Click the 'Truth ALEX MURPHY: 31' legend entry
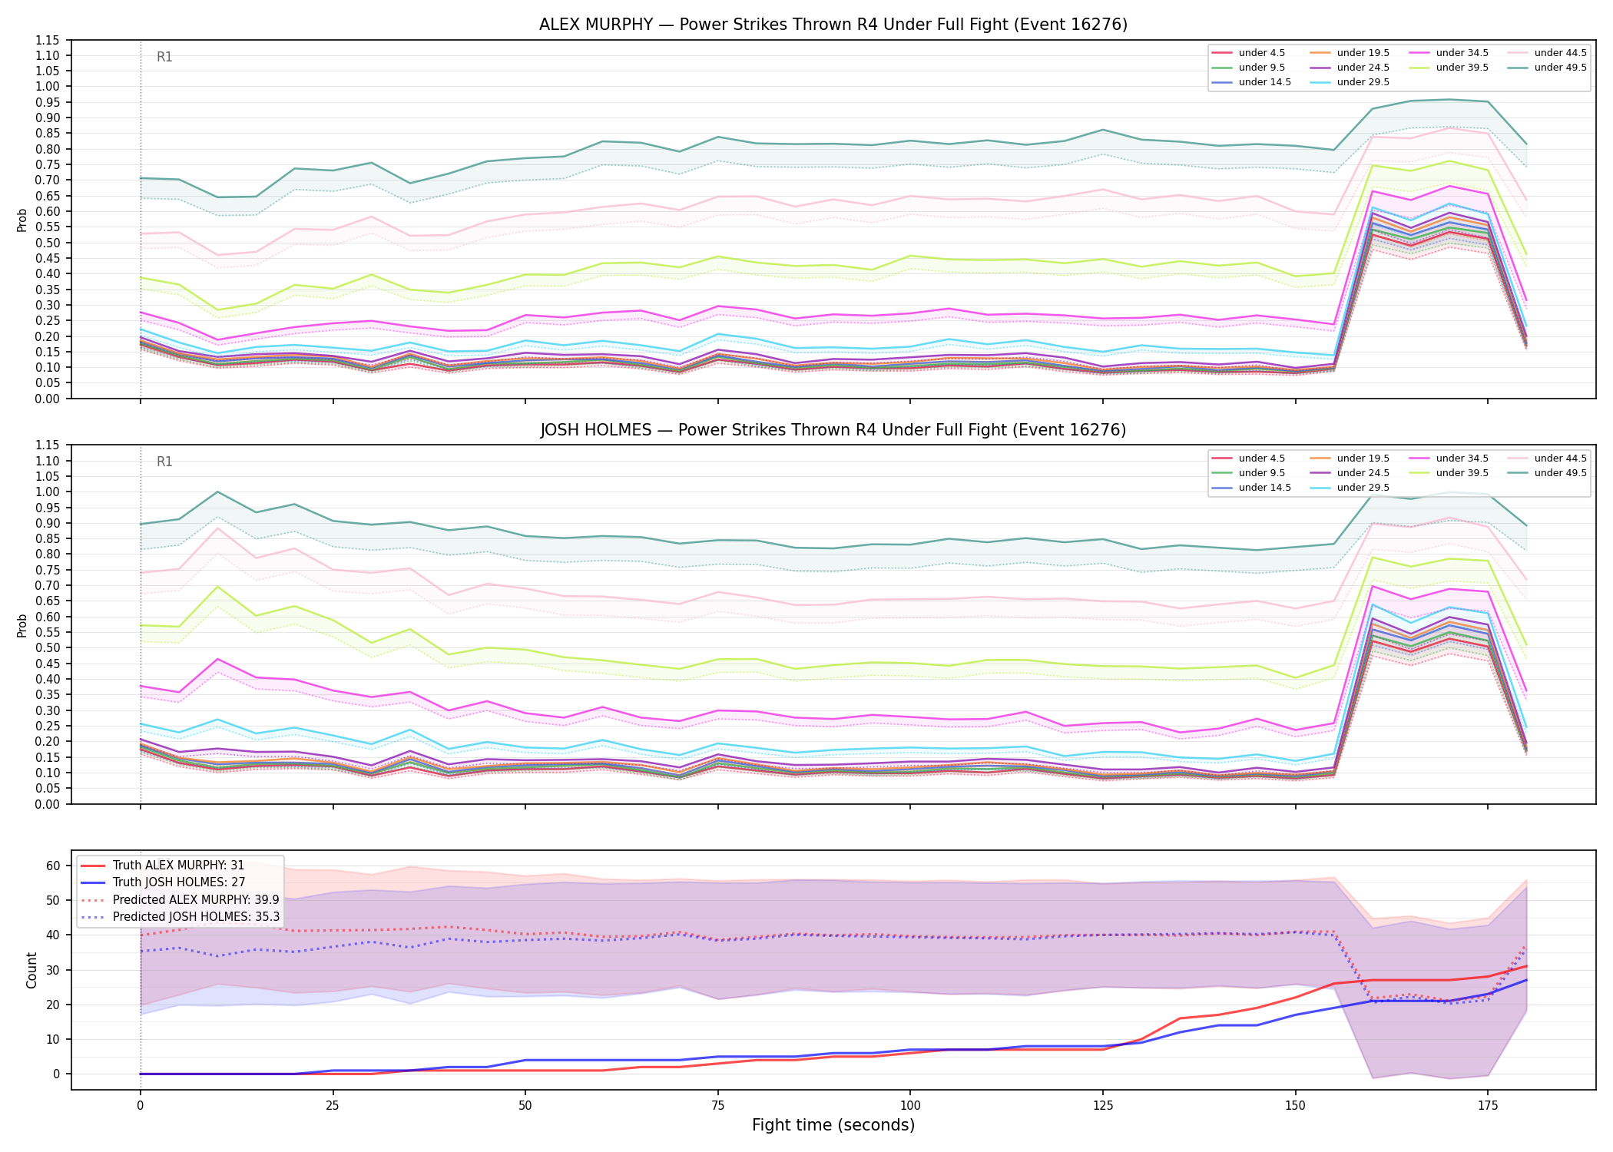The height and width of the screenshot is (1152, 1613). click(x=162, y=866)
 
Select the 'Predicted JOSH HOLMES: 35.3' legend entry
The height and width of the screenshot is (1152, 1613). click(x=180, y=916)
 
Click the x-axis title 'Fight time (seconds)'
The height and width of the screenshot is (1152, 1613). click(x=833, y=1125)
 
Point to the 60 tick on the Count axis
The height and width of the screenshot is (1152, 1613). click(x=53, y=866)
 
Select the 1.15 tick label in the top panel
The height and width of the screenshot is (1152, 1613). click(x=48, y=40)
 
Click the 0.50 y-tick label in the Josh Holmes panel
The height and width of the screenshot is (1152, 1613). click(x=48, y=647)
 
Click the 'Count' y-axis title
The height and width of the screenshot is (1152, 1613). click(x=31, y=970)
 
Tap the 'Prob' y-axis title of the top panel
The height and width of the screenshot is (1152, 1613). click(x=22, y=220)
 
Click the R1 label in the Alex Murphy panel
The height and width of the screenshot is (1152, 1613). click(x=164, y=57)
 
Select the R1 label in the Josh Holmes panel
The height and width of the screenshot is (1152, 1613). click(x=164, y=462)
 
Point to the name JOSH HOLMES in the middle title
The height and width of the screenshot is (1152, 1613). click(x=596, y=430)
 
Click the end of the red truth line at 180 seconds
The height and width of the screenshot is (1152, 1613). click(x=1527, y=966)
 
